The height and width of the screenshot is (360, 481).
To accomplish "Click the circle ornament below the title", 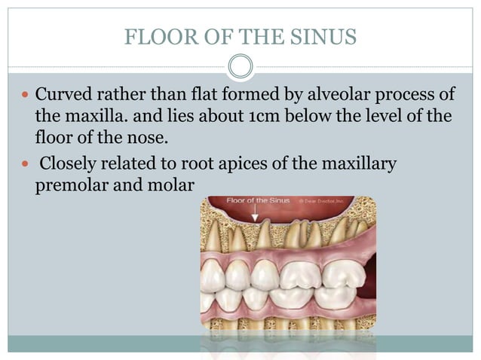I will (x=240, y=66).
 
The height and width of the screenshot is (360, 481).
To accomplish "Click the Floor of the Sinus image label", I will (x=256, y=201).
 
